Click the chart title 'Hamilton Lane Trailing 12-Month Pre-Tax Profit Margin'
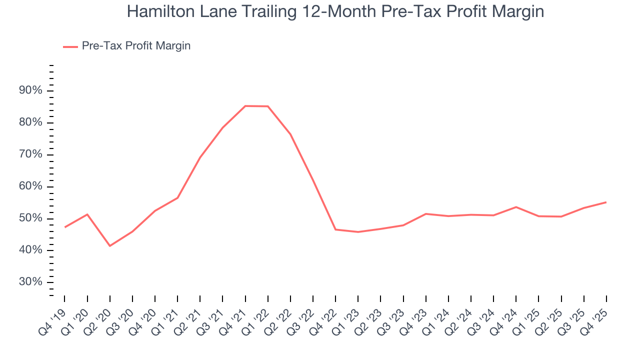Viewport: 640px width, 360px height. tap(335, 11)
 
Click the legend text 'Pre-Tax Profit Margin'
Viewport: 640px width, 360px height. tap(136, 46)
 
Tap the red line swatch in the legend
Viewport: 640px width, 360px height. tap(70, 46)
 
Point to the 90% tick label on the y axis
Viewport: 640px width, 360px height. tap(30, 90)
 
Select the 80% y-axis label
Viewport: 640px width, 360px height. tap(30, 122)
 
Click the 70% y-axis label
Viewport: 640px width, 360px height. tap(30, 154)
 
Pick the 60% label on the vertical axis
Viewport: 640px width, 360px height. tap(30, 186)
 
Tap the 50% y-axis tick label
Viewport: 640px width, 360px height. tap(30, 218)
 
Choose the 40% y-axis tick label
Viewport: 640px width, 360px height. tap(30, 250)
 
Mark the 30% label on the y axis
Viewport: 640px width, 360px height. tap(30, 282)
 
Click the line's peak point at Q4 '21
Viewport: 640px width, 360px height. tap(245, 106)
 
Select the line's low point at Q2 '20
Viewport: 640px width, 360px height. tap(110, 245)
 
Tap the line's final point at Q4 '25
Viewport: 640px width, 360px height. tap(606, 202)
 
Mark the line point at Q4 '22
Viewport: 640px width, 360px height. tap(335, 229)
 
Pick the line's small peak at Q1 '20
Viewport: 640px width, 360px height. tap(87, 214)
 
